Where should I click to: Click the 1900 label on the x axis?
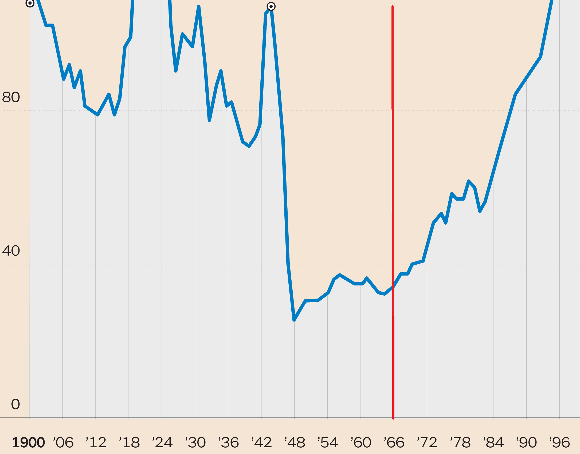coord(29,443)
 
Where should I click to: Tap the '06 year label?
coord(63,443)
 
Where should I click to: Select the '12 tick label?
coord(96,443)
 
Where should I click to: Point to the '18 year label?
coord(130,443)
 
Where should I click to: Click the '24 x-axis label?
coord(163,443)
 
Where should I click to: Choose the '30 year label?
coord(196,443)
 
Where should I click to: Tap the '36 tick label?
coord(229,443)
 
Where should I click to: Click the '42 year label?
coord(262,443)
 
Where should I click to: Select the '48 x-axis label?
coord(295,443)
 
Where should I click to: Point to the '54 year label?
coord(328,443)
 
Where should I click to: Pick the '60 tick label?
coord(361,443)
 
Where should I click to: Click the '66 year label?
coord(394,443)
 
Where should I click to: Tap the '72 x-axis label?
coord(428,443)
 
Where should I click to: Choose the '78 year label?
coord(461,443)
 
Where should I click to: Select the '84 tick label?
coord(494,443)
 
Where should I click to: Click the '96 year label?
coord(560,443)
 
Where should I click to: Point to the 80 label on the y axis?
coord(11,97)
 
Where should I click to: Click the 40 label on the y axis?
coord(11,251)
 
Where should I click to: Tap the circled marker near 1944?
coord(271,6)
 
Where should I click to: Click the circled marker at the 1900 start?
coord(30,3)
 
